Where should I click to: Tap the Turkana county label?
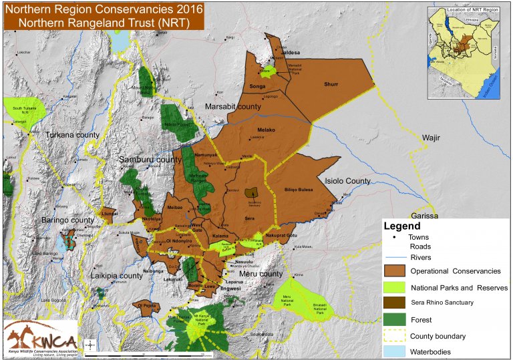pos(72,135)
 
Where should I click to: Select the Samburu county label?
pos(150,160)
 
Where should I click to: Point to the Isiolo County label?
pos(347,181)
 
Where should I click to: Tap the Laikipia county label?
pos(117,275)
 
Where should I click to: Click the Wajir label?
pos(433,138)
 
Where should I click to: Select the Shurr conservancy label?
pos(331,85)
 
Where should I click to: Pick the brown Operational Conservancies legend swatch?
pos(395,271)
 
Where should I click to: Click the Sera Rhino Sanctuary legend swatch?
pos(395,303)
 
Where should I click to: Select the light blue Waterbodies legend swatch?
pos(395,351)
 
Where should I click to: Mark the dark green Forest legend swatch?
pos(395,319)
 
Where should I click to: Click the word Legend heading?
pos(402,226)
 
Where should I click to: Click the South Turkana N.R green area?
pos(23,109)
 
